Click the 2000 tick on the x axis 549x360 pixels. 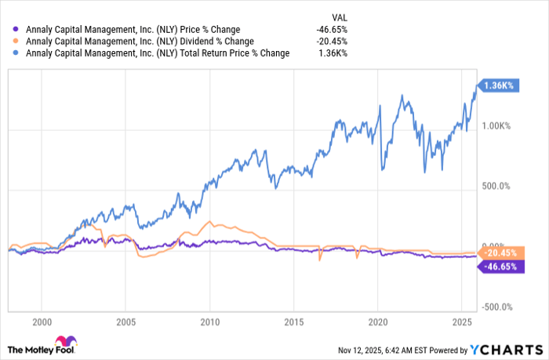(x=42, y=322)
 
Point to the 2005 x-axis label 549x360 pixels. (x=126, y=322)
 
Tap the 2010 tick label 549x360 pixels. (x=209, y=322)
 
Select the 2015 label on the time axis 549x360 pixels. (x=293, y=322)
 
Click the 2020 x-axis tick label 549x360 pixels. (x=377, y=322)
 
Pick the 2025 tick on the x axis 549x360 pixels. (x=461, y=322)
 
